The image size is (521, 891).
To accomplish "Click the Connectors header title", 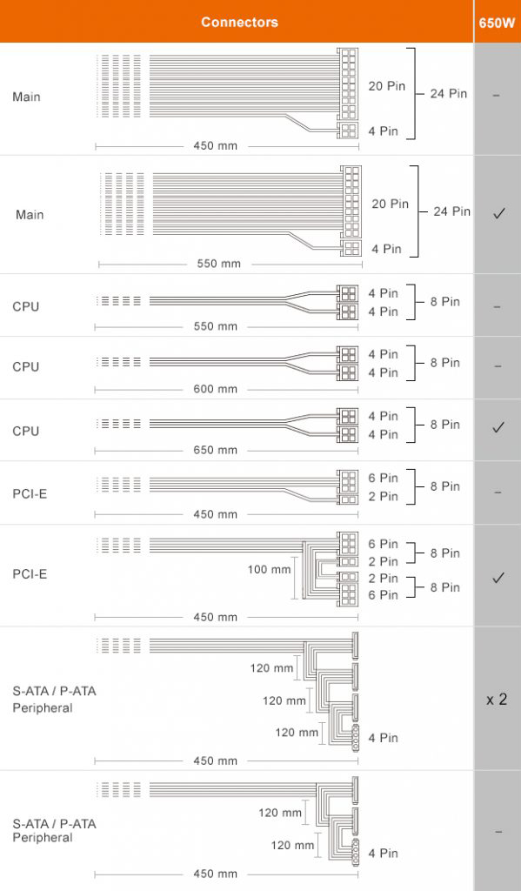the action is [239, 22].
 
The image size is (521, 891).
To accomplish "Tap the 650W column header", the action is [498, 23].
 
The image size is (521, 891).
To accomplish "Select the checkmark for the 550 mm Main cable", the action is [499, 214].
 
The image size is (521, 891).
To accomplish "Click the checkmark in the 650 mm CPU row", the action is [498, 426].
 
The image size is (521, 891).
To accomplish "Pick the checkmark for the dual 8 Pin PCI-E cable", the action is [498, 578].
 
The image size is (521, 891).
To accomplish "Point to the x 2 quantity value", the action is [497, 700].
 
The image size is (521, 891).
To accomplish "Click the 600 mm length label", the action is [216, 389].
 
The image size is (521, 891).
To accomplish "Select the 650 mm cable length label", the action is [216, 450].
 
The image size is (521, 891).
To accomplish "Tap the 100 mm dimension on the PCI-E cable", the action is [269, 569].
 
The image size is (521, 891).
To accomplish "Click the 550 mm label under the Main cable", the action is [218, 264].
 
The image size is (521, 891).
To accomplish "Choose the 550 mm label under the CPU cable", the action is [216, 327].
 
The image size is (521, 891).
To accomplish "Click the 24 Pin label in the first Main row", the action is [448, 94].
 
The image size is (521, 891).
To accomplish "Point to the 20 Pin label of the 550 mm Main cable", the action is [391, 204].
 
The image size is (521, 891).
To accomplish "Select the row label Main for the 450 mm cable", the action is [26, 97].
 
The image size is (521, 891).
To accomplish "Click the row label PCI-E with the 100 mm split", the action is [30, 574].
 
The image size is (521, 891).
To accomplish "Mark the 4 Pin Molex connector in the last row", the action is [356, 852].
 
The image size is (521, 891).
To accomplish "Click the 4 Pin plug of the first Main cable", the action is [348, 131].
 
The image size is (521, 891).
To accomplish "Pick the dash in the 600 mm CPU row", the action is [498, 366].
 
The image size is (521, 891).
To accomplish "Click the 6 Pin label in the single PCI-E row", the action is [383, 479].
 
